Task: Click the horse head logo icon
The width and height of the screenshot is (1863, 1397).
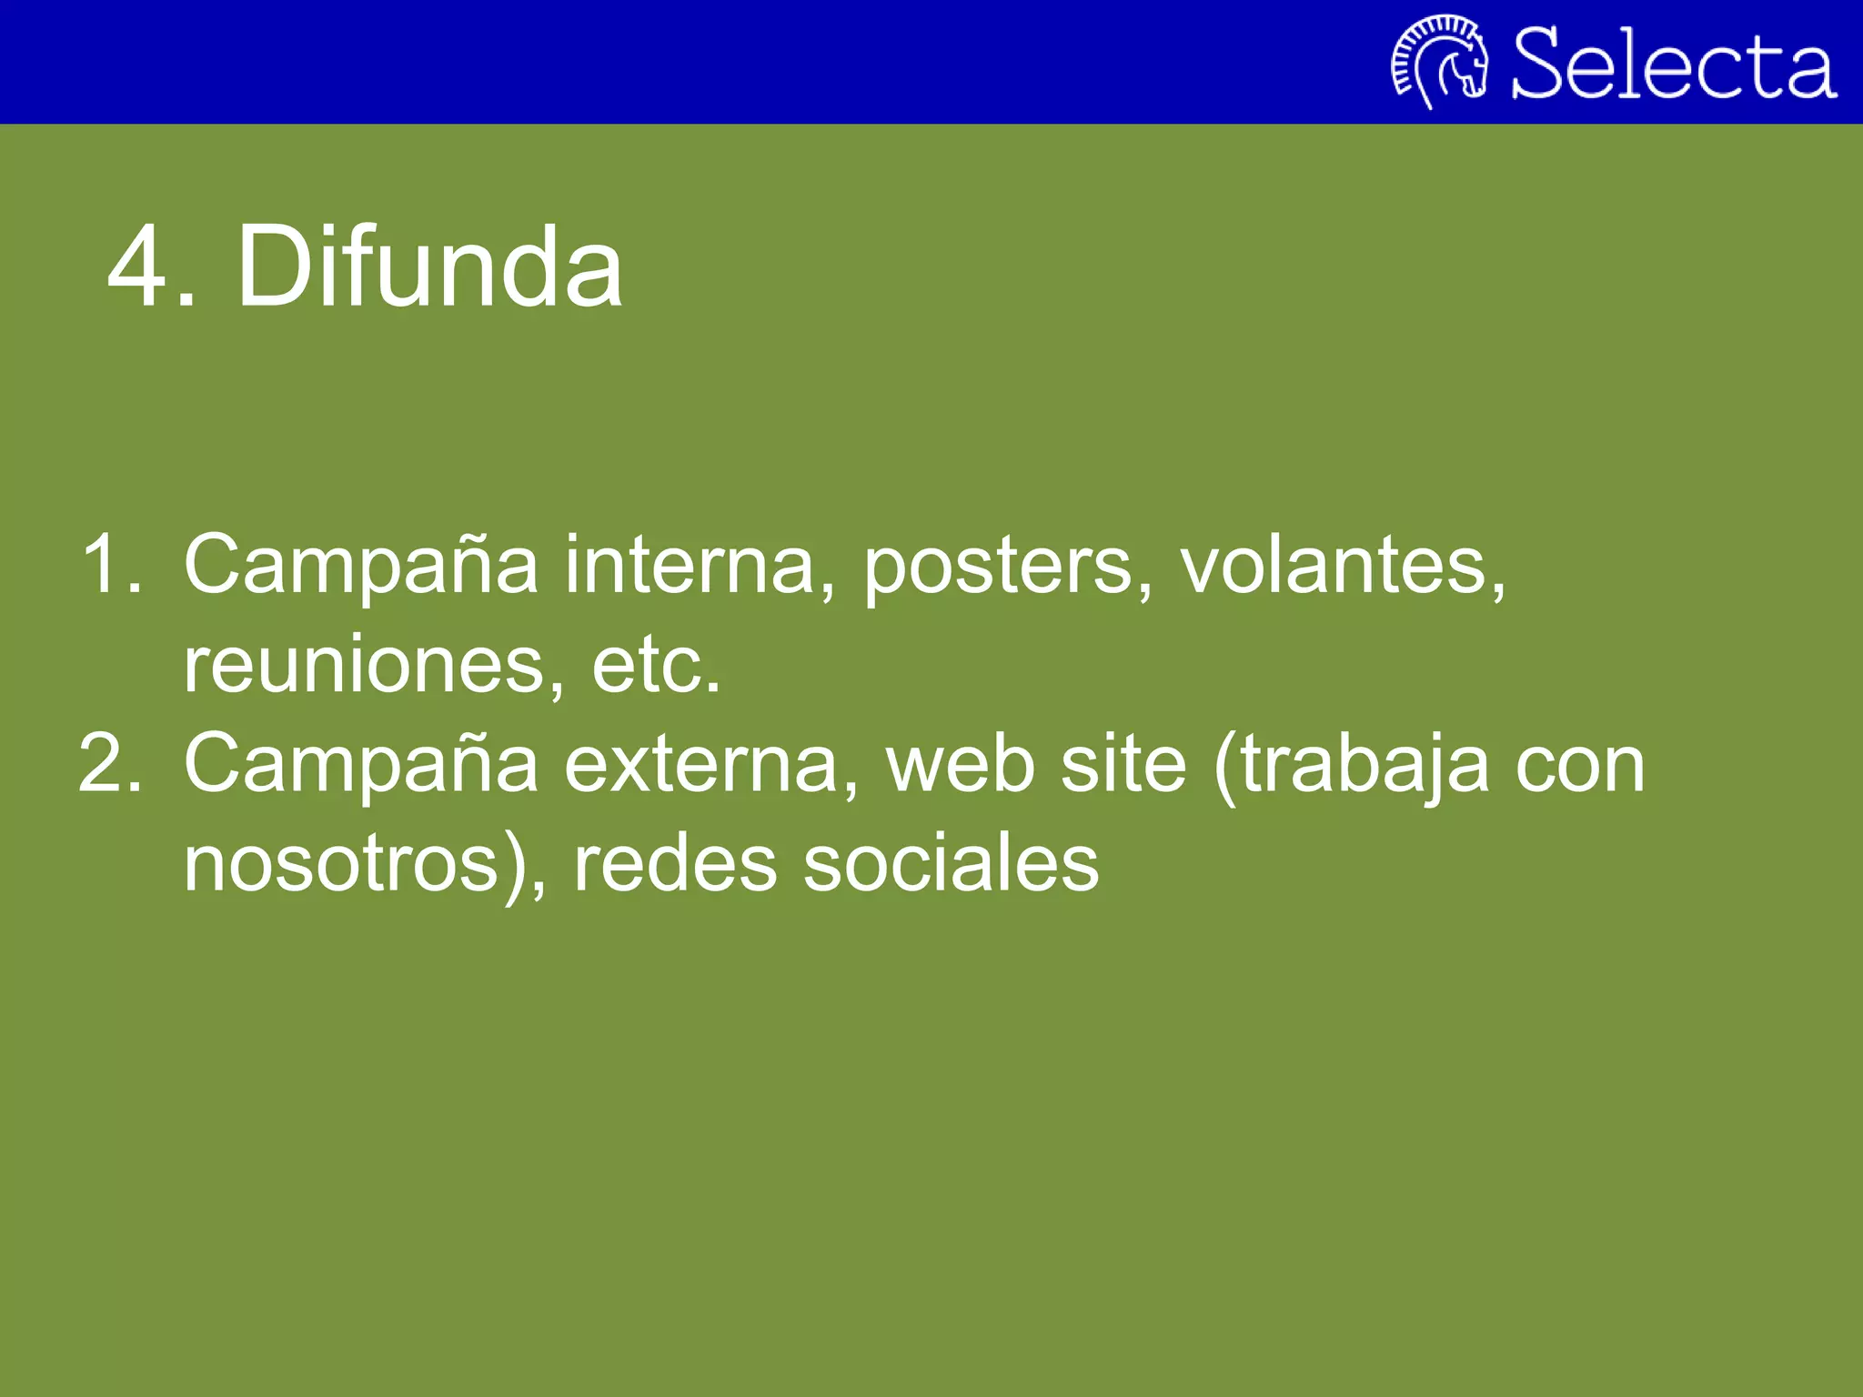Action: pyautogui.click(x=1439, y=62)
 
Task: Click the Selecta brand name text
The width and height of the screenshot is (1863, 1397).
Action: pyautogui.click(x=1674, y=64)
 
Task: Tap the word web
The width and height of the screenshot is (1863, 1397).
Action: pyautogui.click(x=961, y=765)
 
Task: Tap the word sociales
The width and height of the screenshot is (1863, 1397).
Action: pyautogui.click(x=951, y=864)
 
